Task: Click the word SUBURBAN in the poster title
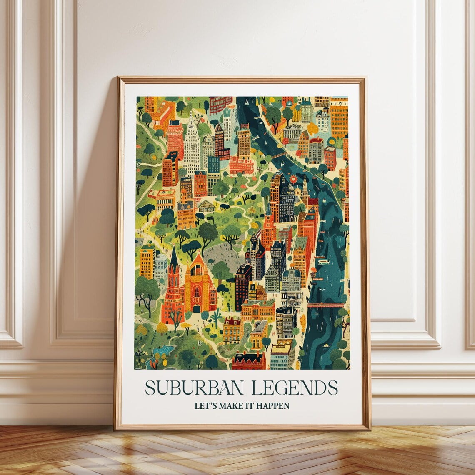tap(195, 387)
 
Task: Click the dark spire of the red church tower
tap(174, 258)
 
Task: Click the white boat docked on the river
tap(322, 262)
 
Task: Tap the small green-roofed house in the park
tap(206, 206)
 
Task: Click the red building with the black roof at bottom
tap(249, 360)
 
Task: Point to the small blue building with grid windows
tap(213, 165)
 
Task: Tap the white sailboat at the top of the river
tap(247, 102)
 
